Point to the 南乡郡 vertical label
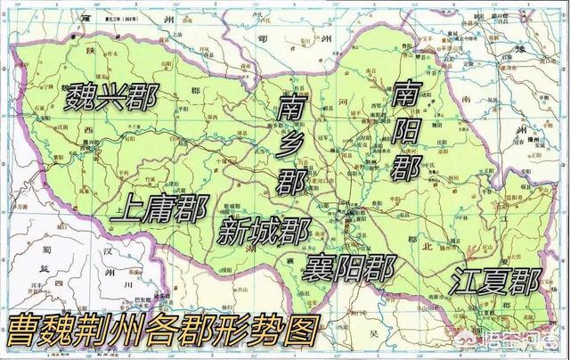tap(290, 146)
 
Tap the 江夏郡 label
tap(495, 281)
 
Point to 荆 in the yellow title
tap(102, 332)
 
